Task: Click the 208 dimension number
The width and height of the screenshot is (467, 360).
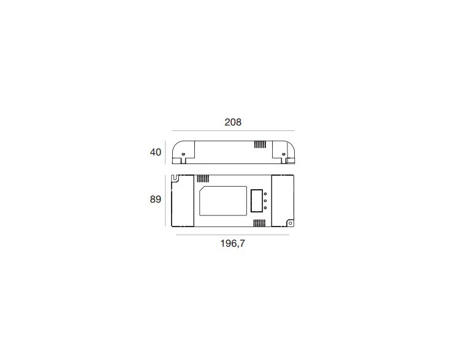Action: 233,122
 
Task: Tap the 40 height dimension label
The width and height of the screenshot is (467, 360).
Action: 156,152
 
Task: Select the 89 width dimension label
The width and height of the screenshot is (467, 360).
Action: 156,200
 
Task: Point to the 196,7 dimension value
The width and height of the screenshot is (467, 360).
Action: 233,244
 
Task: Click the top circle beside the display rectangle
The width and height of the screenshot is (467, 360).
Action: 265,194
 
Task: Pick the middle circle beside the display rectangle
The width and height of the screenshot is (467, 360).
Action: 265,201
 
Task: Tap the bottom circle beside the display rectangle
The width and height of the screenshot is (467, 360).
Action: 265,208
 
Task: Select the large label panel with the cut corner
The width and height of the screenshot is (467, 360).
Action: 223,201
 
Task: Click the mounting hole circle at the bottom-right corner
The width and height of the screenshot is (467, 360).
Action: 290,223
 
